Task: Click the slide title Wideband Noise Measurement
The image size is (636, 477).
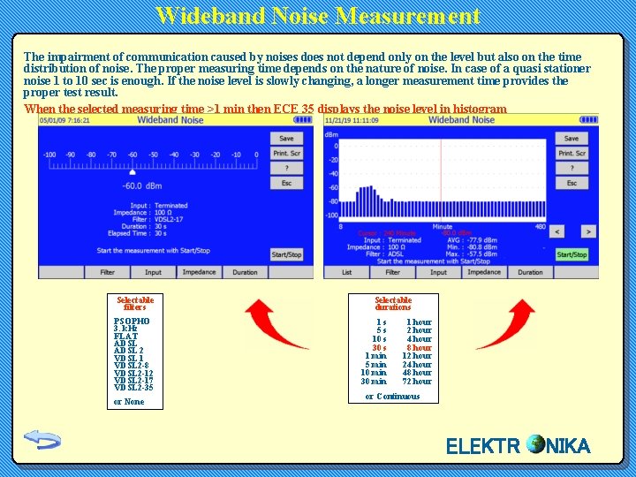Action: pos(318,16)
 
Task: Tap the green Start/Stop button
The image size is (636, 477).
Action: pos(572,254)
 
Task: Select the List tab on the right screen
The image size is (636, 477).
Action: pos(347,272)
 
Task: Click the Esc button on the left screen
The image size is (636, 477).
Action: pos(286,183)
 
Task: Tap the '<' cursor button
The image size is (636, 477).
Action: pos(556,231)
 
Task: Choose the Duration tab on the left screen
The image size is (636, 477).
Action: pos(245,272)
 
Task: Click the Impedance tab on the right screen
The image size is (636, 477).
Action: pos(484,272)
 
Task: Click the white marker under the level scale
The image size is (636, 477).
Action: pos(132,172)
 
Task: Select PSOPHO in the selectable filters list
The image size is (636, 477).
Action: pos(132,322)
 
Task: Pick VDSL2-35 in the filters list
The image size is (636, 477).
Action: pos(133,388)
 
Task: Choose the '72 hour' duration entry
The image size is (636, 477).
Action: pos(417,382)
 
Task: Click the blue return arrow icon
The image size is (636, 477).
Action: pos(42,439)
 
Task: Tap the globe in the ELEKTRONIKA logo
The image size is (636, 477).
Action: pos(534,444)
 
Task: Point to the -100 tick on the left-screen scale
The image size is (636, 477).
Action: pos(49,155)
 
